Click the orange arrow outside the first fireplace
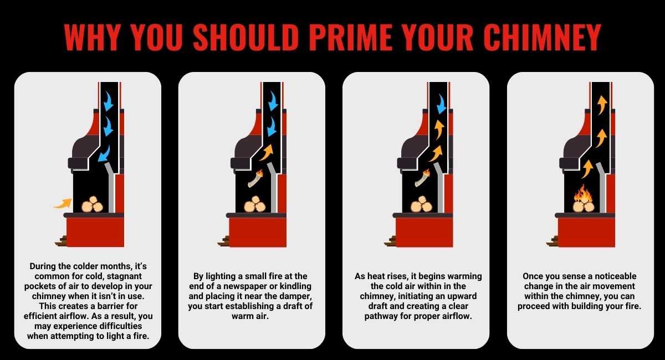click(63, 203)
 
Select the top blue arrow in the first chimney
click(108, 101)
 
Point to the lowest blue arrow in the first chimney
click(104, 154)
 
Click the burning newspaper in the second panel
click(255, 178)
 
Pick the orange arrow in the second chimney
click(267, 152)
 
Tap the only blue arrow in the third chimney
click(442, 104)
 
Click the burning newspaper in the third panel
click(422, 178)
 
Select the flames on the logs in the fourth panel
click(583, 193)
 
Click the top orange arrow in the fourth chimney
click(602, 105)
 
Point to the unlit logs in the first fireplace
click(93, 204)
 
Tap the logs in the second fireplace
click(255, 204)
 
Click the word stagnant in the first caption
click(124, 276)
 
